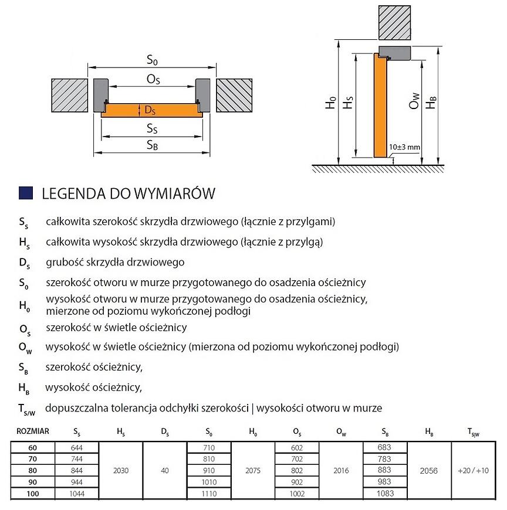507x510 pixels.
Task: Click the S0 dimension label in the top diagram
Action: coord(153,60)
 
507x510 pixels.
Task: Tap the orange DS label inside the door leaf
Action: coord(150,110)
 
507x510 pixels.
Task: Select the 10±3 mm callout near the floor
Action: coord(405,147)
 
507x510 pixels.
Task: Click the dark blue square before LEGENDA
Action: coord(25,193)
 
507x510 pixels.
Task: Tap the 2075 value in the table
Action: coord(253,471)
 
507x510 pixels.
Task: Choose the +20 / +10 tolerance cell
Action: coord(474,471)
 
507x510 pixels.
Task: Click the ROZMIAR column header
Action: coord(33,431)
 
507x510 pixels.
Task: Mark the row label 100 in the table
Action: coord(33,494)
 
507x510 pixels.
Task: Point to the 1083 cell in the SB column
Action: coord(386,494)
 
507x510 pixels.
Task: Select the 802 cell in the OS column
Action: coord(298,471)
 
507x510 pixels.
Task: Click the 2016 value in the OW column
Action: coord(342,471)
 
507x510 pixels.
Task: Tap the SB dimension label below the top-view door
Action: coord(151,146)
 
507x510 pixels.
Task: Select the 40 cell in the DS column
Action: coord(165,471)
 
